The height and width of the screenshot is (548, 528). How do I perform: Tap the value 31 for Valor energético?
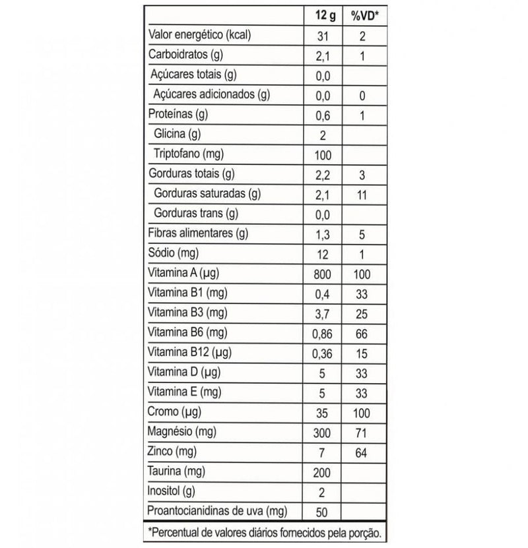322,35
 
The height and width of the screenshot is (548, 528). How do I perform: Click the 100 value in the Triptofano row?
322,155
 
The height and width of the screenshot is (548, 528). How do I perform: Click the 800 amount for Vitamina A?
322,274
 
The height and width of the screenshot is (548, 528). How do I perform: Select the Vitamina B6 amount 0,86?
322,334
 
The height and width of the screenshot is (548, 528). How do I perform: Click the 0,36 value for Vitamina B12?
322,353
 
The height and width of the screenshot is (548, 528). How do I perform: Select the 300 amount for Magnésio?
322,433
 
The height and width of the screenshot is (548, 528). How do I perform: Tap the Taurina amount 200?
322,472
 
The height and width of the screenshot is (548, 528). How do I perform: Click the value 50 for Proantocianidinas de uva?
322,512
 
